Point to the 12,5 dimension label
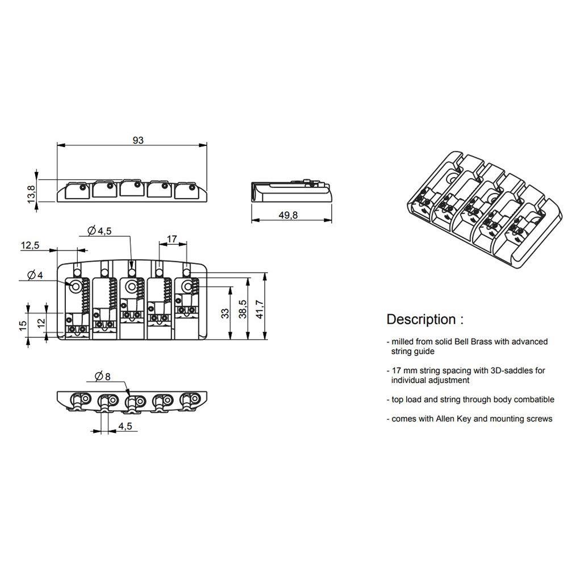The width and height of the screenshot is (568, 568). [30, 245]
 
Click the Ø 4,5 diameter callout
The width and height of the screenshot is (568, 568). [101, 231]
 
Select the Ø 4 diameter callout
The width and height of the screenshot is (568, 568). [36, 275]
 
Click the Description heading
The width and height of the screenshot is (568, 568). [424, 319]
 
